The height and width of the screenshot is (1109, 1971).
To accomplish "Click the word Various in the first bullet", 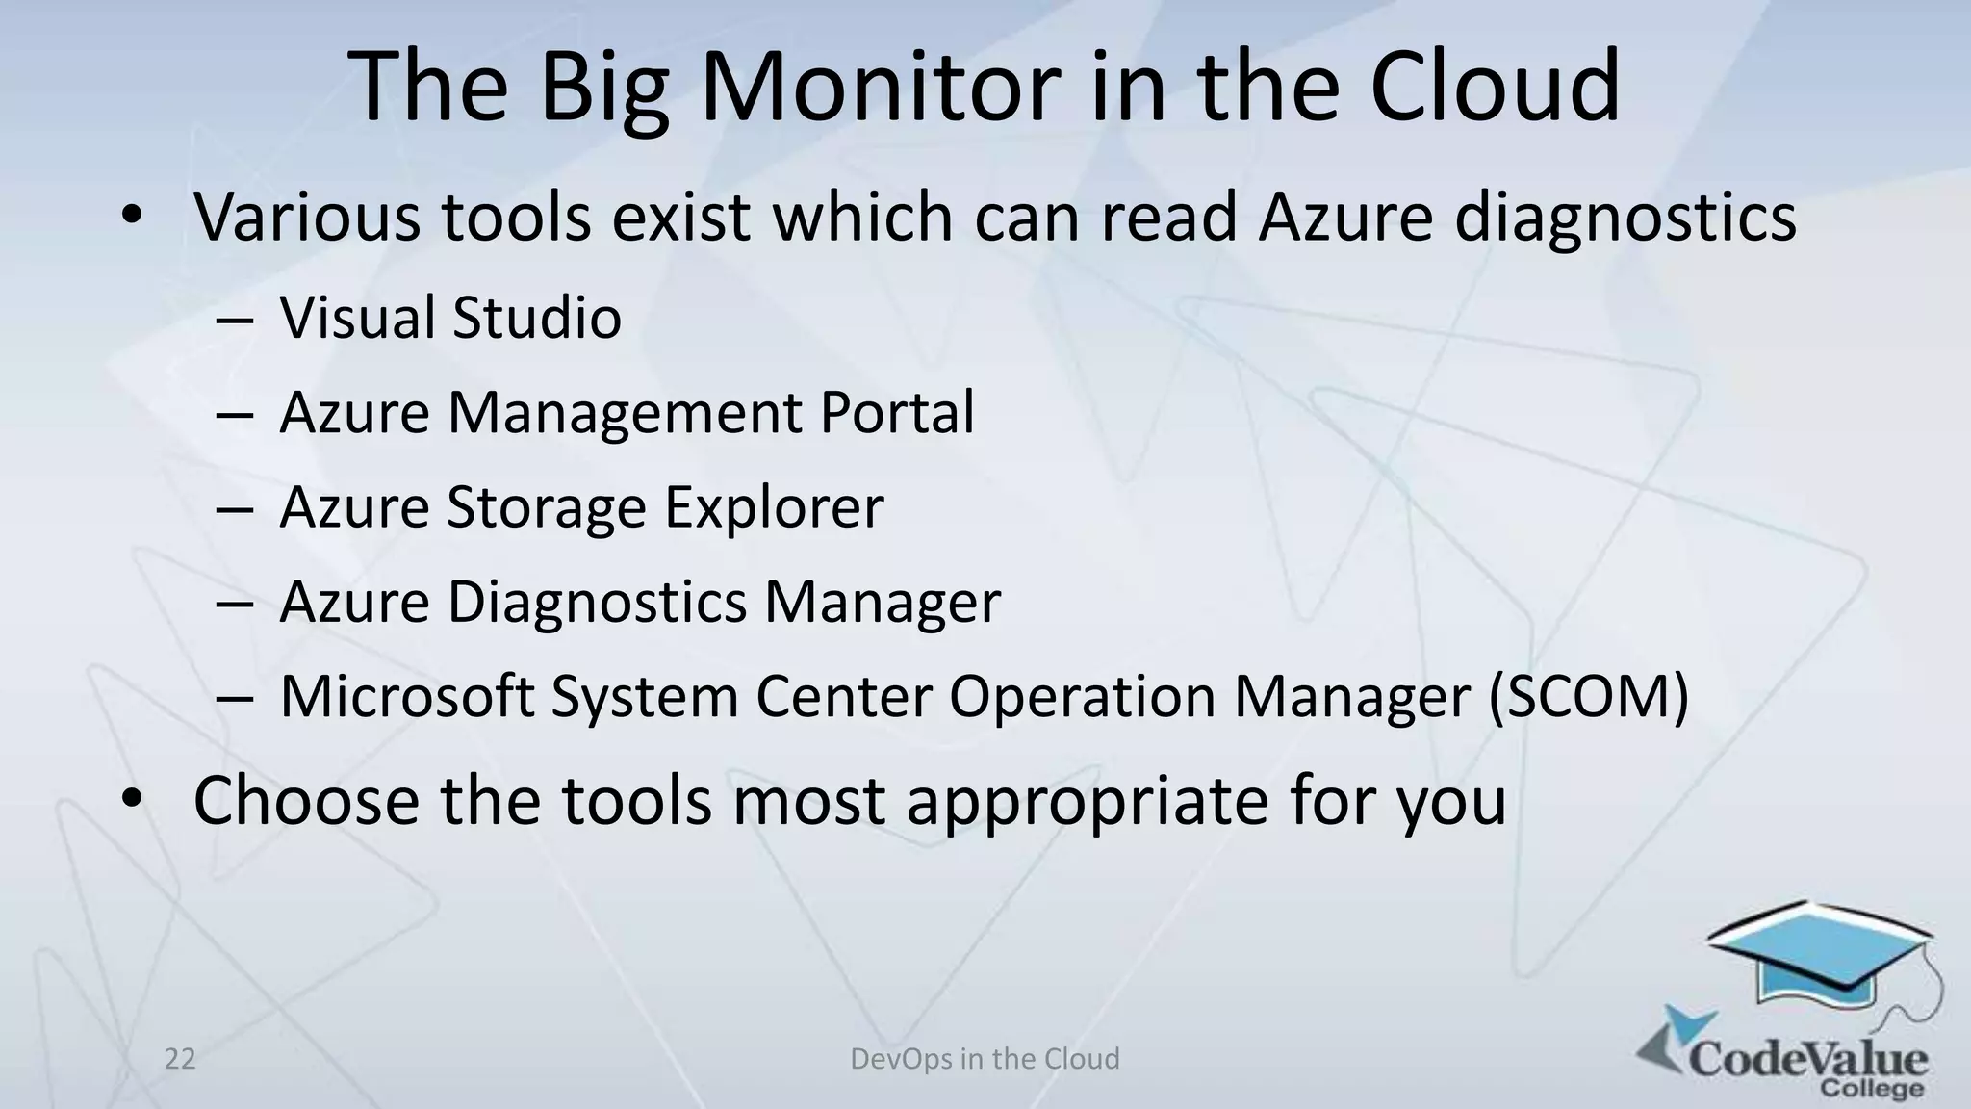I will pyautogui.click(x=307, y=217).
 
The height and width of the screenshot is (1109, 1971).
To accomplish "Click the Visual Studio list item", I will pyautogui.click(x=450, y=318).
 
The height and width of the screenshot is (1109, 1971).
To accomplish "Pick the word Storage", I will pyautogui.click(x=546, y=508).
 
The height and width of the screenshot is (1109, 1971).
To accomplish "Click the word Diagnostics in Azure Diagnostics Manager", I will pyautogui.click(x=597, y=603).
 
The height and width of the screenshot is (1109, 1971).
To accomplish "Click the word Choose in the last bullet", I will pyautogui.click(x=306, y=801).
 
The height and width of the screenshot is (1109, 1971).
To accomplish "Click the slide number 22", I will pyautogui.click(x=180, y=1059).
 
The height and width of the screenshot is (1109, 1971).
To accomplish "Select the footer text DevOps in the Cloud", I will pyautogui.click(x=985, y=1059).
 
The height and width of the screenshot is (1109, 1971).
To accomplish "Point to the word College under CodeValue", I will pyautogui.click(x=1872, y=1089).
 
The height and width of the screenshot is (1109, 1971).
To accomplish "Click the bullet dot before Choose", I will pyautogui.click(x=132, y=798).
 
